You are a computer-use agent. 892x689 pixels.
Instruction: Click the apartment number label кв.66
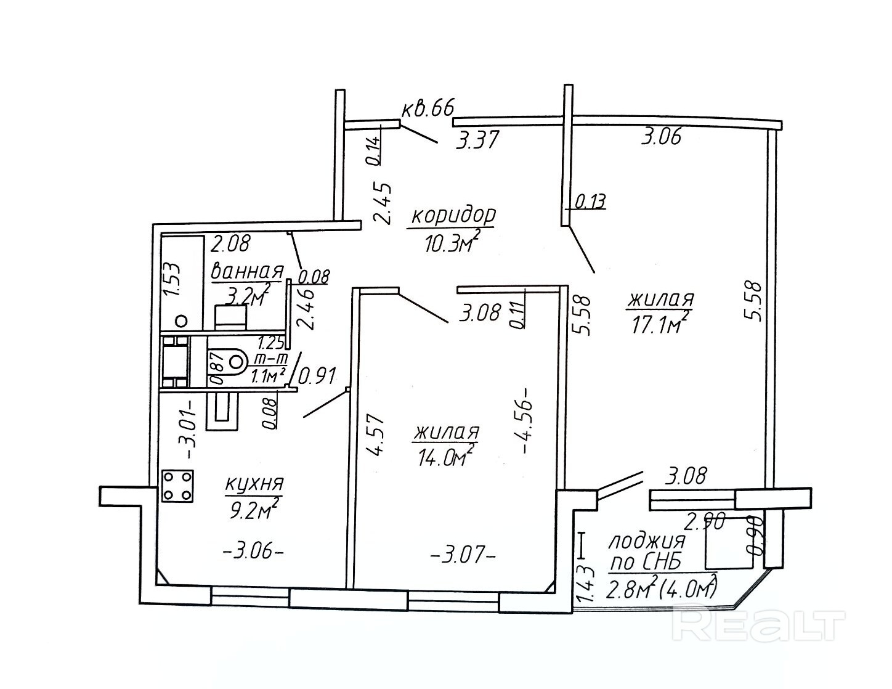[x=428, y=109]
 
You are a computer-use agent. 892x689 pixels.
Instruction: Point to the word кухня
[x=254, y=485]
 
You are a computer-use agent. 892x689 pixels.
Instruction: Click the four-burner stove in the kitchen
[x=178, y=486]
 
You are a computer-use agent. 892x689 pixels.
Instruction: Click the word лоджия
[x=647, y=542]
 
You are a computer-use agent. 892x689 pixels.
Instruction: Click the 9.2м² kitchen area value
[x=252, y=509]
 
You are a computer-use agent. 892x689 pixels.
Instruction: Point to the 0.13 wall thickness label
[x=591, y=202]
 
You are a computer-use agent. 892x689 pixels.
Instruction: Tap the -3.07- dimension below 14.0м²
[x=463, y=556]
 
